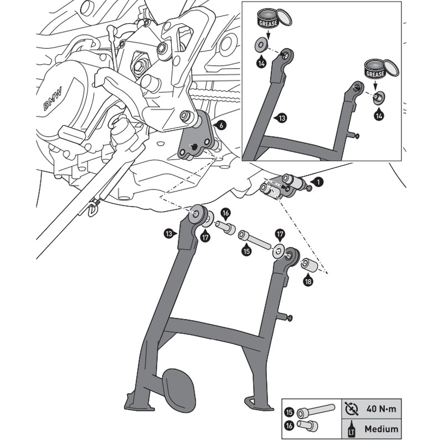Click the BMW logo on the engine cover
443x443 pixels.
point(54,98)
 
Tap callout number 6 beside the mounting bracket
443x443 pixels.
point(221,126)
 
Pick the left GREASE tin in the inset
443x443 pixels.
point(269,22)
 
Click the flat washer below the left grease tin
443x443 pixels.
point(260,43)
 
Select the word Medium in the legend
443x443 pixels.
point(381,429)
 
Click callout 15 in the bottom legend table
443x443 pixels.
point(290,412)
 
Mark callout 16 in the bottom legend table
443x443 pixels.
point(290,425)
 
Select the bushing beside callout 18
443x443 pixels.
point(309,265)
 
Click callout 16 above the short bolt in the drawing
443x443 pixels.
point(225,213)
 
